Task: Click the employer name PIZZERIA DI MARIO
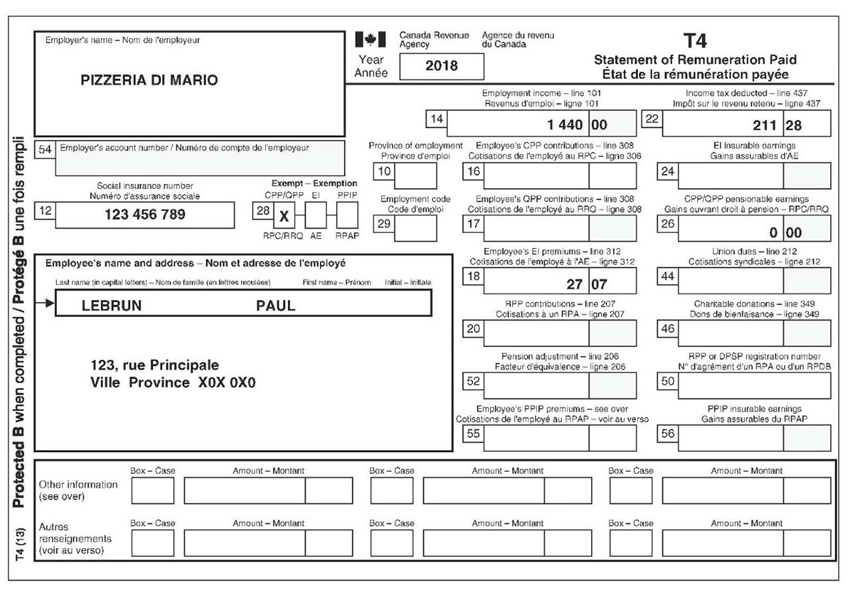coord(149,80)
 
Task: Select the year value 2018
coord(441,66)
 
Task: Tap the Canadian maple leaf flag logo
coord(370,39)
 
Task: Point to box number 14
coord(437,119)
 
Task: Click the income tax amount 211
coord(764,125)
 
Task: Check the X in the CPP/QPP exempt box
coord(284,217)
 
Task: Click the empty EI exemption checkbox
coord(316,215)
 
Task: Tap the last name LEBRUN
coord(112,306)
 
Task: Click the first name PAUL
coord(275,306)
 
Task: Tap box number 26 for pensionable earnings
coord(667,224)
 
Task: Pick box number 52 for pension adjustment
coord(474,381)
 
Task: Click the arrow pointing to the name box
coord(45,303)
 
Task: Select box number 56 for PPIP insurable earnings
coord(667,433)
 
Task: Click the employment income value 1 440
coord(563,125)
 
